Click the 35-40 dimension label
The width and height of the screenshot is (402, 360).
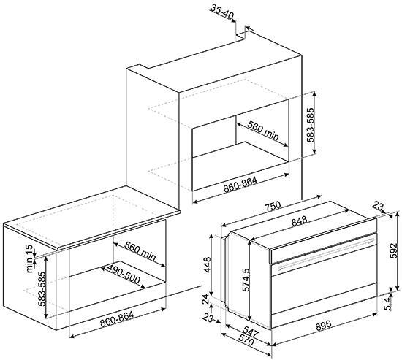point(222,12)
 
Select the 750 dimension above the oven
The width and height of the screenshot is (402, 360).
point(273,206)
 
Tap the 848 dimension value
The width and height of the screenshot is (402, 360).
point(300,221)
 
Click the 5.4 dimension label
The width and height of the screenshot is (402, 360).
point(389,303)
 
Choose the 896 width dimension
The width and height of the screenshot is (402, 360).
point(323,326)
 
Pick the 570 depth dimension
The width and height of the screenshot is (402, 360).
point(246,340)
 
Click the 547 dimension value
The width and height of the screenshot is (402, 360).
point(250,332)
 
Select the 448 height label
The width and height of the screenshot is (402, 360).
point(207,264)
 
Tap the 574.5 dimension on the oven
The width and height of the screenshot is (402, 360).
point(246,280)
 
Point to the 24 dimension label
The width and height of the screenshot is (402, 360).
point(206,299)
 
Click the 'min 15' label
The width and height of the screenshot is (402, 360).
point(30,258)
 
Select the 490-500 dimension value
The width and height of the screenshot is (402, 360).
point(124,275)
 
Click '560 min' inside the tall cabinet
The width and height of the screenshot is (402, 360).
point(263,131)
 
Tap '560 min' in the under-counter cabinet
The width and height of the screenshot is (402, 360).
point(140,251)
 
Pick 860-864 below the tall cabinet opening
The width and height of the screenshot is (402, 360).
point(240,185)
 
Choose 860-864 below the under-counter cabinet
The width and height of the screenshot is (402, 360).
point(117,319)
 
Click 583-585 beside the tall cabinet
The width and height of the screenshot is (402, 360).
point(311,125)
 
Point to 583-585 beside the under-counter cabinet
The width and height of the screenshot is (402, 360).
point(42,288)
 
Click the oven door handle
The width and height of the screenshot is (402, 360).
point(326,254)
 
